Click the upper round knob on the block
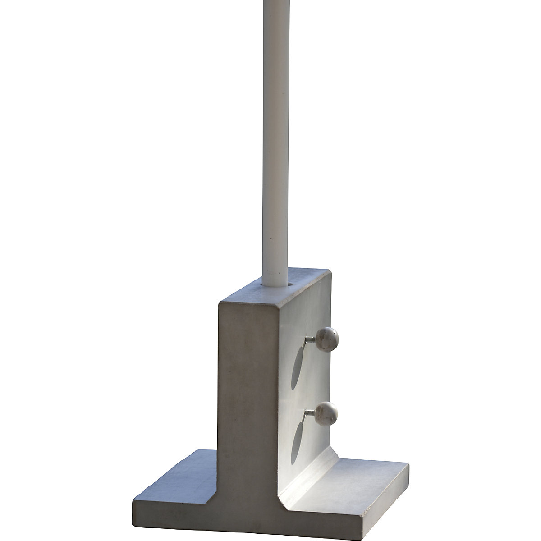(327, 336)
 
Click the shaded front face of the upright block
(248, 383)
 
